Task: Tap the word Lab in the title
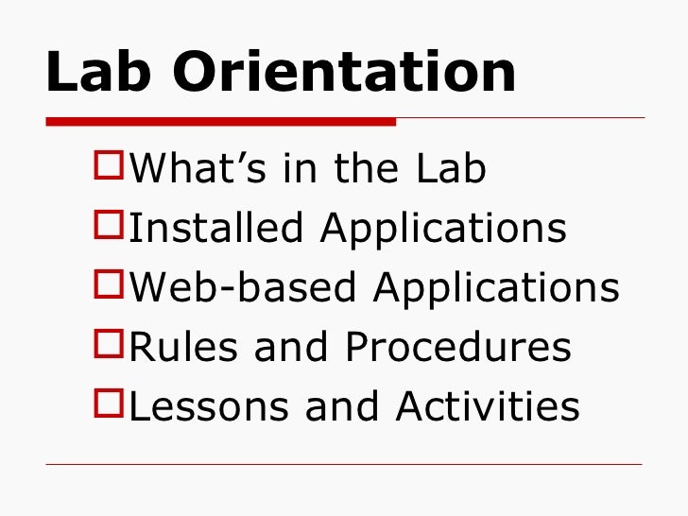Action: coord(95,73)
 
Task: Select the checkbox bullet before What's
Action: coord(110,167)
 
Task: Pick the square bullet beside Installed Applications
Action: coord(110,227)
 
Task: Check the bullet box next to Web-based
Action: coord(110,286)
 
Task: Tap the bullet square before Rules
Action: coord(110,346)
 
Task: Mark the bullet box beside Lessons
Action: coord(110,405)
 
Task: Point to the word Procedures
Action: coord(457,348)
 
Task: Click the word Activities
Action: coord(488,407)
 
